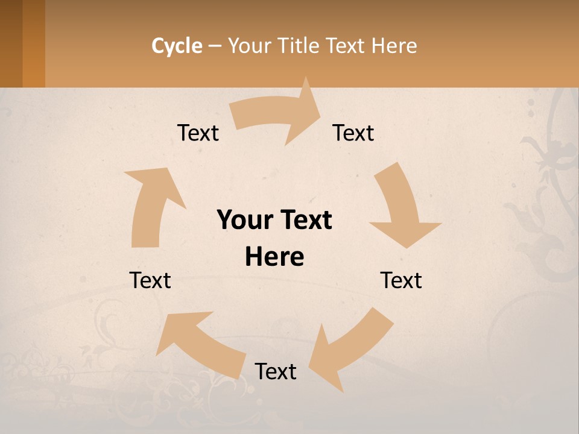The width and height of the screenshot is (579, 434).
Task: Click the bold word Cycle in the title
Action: coord(177,46)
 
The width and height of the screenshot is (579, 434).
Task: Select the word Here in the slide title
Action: coord(393,46)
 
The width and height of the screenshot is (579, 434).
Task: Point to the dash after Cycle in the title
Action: coord(215,46)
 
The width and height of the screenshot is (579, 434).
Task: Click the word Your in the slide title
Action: coord(250,46)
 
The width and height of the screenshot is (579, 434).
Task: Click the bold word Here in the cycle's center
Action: coord(274,257)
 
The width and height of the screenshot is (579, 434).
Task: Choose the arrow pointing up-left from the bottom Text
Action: coord(199,344)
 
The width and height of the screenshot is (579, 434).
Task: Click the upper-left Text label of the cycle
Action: coord(198,133)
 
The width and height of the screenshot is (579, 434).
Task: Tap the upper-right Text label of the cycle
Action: coord(353,133)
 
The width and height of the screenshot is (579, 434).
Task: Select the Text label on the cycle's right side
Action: coord(401,280)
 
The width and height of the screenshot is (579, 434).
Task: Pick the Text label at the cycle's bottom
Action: coord(276,371)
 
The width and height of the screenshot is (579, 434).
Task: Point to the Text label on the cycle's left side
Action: coord(150,280)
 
